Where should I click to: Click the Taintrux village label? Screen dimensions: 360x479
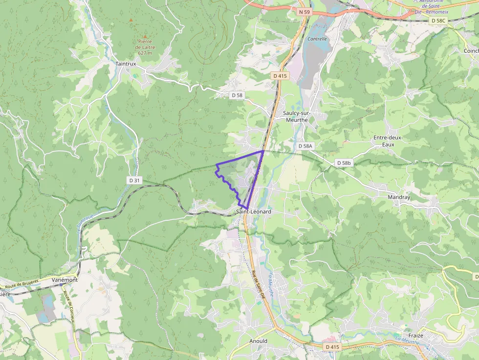coord(126,64)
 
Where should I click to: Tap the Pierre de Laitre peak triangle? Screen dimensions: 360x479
coord(131,20)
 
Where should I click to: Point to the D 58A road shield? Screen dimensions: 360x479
coord(305,146)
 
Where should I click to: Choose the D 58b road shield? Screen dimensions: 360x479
coord(344,163)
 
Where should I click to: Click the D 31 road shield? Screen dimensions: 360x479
coord(135,180)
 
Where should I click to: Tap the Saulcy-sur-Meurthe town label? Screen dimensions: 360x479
coord(296,116)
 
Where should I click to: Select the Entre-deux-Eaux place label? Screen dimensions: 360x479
coord(388,141)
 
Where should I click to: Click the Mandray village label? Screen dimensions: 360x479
coord(399,197)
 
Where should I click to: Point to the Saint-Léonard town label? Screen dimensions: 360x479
coord(253,212)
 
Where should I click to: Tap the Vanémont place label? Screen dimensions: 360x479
coord(65,280)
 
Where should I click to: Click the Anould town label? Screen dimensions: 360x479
coord(258,341)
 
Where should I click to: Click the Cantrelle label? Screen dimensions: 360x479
coord(317,38)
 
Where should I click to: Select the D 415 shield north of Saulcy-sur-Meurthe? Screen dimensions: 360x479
coord(280,76)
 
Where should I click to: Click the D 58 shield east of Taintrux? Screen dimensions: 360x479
coord(237,95)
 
